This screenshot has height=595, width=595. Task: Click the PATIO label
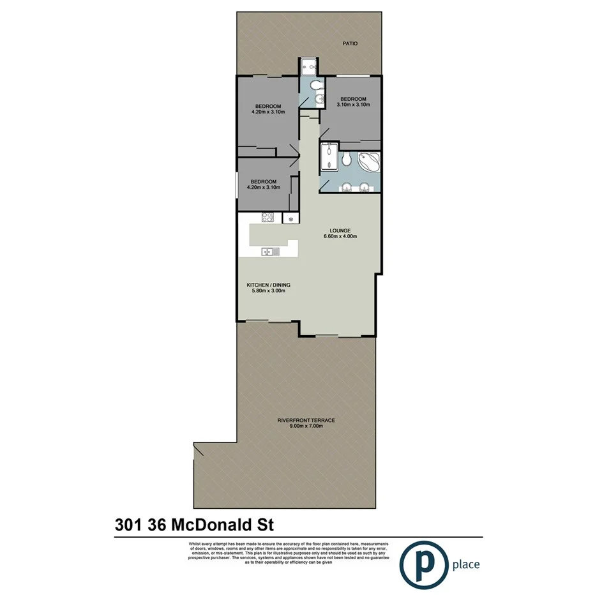349,44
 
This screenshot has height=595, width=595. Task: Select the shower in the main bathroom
329,157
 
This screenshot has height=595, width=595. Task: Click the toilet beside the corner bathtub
345,159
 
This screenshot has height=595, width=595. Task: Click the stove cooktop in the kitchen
268,218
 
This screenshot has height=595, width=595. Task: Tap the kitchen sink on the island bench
270,252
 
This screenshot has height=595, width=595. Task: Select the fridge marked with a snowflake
290,219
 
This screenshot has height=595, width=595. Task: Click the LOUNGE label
340,230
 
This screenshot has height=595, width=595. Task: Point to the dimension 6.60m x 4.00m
340,237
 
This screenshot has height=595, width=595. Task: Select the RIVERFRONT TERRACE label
306,420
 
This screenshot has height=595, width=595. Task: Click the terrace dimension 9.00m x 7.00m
306,426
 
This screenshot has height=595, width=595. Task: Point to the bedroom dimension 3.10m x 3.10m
353,105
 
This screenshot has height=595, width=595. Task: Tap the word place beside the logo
465,564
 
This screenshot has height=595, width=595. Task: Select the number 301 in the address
128,525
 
